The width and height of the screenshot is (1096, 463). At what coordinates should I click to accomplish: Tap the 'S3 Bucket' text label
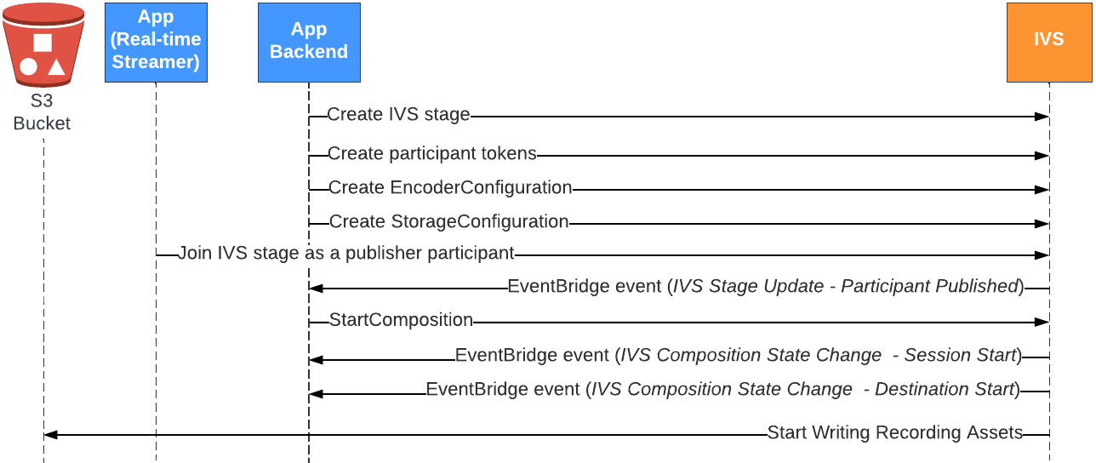pyautogui.click(x=42, y=112)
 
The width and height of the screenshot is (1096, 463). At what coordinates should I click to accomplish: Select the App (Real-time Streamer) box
pyautogui.click(x=156, y=42)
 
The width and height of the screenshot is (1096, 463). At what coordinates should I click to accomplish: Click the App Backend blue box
pyautogui.click(x=309, y=42)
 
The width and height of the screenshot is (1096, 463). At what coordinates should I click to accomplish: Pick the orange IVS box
pyautogui.click(x=1048, y=42)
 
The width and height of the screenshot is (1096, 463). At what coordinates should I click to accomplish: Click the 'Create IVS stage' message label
pyautogui.click(x=398, y=115)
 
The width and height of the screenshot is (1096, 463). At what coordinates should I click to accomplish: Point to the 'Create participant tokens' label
pyautogui.click(x=432, y=154)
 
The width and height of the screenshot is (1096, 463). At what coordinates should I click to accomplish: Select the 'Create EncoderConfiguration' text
pyautogui.click(x=450, y=188)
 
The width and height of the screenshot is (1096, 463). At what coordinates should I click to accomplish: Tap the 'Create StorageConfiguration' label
pyautogui.click(x=449, y=222)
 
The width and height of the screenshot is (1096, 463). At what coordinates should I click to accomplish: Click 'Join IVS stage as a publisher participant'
pyautogui.click(x=345, y=253)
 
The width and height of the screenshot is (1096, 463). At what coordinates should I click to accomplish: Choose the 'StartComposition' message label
pyautogui.click(x=401, y=321)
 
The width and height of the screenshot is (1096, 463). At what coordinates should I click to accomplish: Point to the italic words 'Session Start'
pyautogui.click(x=960, y=356)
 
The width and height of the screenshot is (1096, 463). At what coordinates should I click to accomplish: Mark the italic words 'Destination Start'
pyautogui.click(x=945, y=390)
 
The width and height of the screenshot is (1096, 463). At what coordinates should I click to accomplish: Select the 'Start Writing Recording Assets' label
pyautogui.click(x=894, y=433)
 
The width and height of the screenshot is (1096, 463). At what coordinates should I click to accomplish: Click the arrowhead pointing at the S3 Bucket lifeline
pyautogui.click(x=50, y=435)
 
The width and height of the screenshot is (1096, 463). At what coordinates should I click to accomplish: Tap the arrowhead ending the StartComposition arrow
pyautogui.click(x=1042, y=323)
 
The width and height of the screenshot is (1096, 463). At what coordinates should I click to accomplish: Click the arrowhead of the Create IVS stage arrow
pyautogui.click(x=1042, y=116)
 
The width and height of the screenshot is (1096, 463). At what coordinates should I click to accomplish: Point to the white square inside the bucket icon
pyautogui.click(x=43, y=42)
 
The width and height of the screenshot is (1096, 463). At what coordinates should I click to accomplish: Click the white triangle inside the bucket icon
pyautogui.click(x=56, y=66)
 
